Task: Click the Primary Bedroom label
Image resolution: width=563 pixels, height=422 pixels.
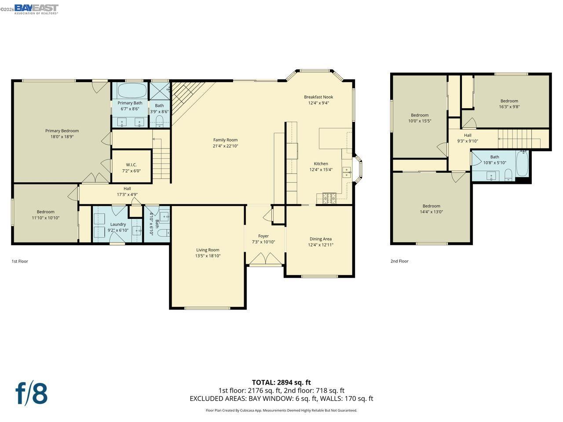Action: click(62, 131)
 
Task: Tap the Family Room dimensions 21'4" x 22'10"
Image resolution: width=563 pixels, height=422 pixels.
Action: click(225, 146)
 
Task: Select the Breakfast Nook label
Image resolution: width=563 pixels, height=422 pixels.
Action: click(318, 97)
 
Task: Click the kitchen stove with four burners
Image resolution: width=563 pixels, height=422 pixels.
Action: click(329, 199)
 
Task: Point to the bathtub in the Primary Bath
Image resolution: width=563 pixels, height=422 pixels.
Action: click(132, 91)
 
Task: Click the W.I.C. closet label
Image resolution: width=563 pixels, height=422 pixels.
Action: click(131, 165)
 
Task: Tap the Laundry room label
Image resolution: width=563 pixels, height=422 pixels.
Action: click(118, 224)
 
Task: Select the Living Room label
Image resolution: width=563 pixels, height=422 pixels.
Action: click(208, 250)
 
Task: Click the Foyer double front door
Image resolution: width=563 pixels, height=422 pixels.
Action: click(266, 258)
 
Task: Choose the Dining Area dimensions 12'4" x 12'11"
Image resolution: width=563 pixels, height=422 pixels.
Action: click(320, 245)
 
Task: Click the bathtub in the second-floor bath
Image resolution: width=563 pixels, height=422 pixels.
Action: click(522, 164)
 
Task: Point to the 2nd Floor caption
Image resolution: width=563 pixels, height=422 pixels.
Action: click(399, 261)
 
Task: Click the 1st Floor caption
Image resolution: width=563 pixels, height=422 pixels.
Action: click(20, 261)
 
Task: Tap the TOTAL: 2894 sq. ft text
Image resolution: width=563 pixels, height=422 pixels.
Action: click(281, 382)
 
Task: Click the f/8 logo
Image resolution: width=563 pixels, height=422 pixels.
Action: click(31, 393)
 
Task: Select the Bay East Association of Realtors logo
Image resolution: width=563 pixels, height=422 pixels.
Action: click(36, 9)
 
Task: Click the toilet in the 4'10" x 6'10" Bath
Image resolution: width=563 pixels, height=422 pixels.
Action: click(162, 233)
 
